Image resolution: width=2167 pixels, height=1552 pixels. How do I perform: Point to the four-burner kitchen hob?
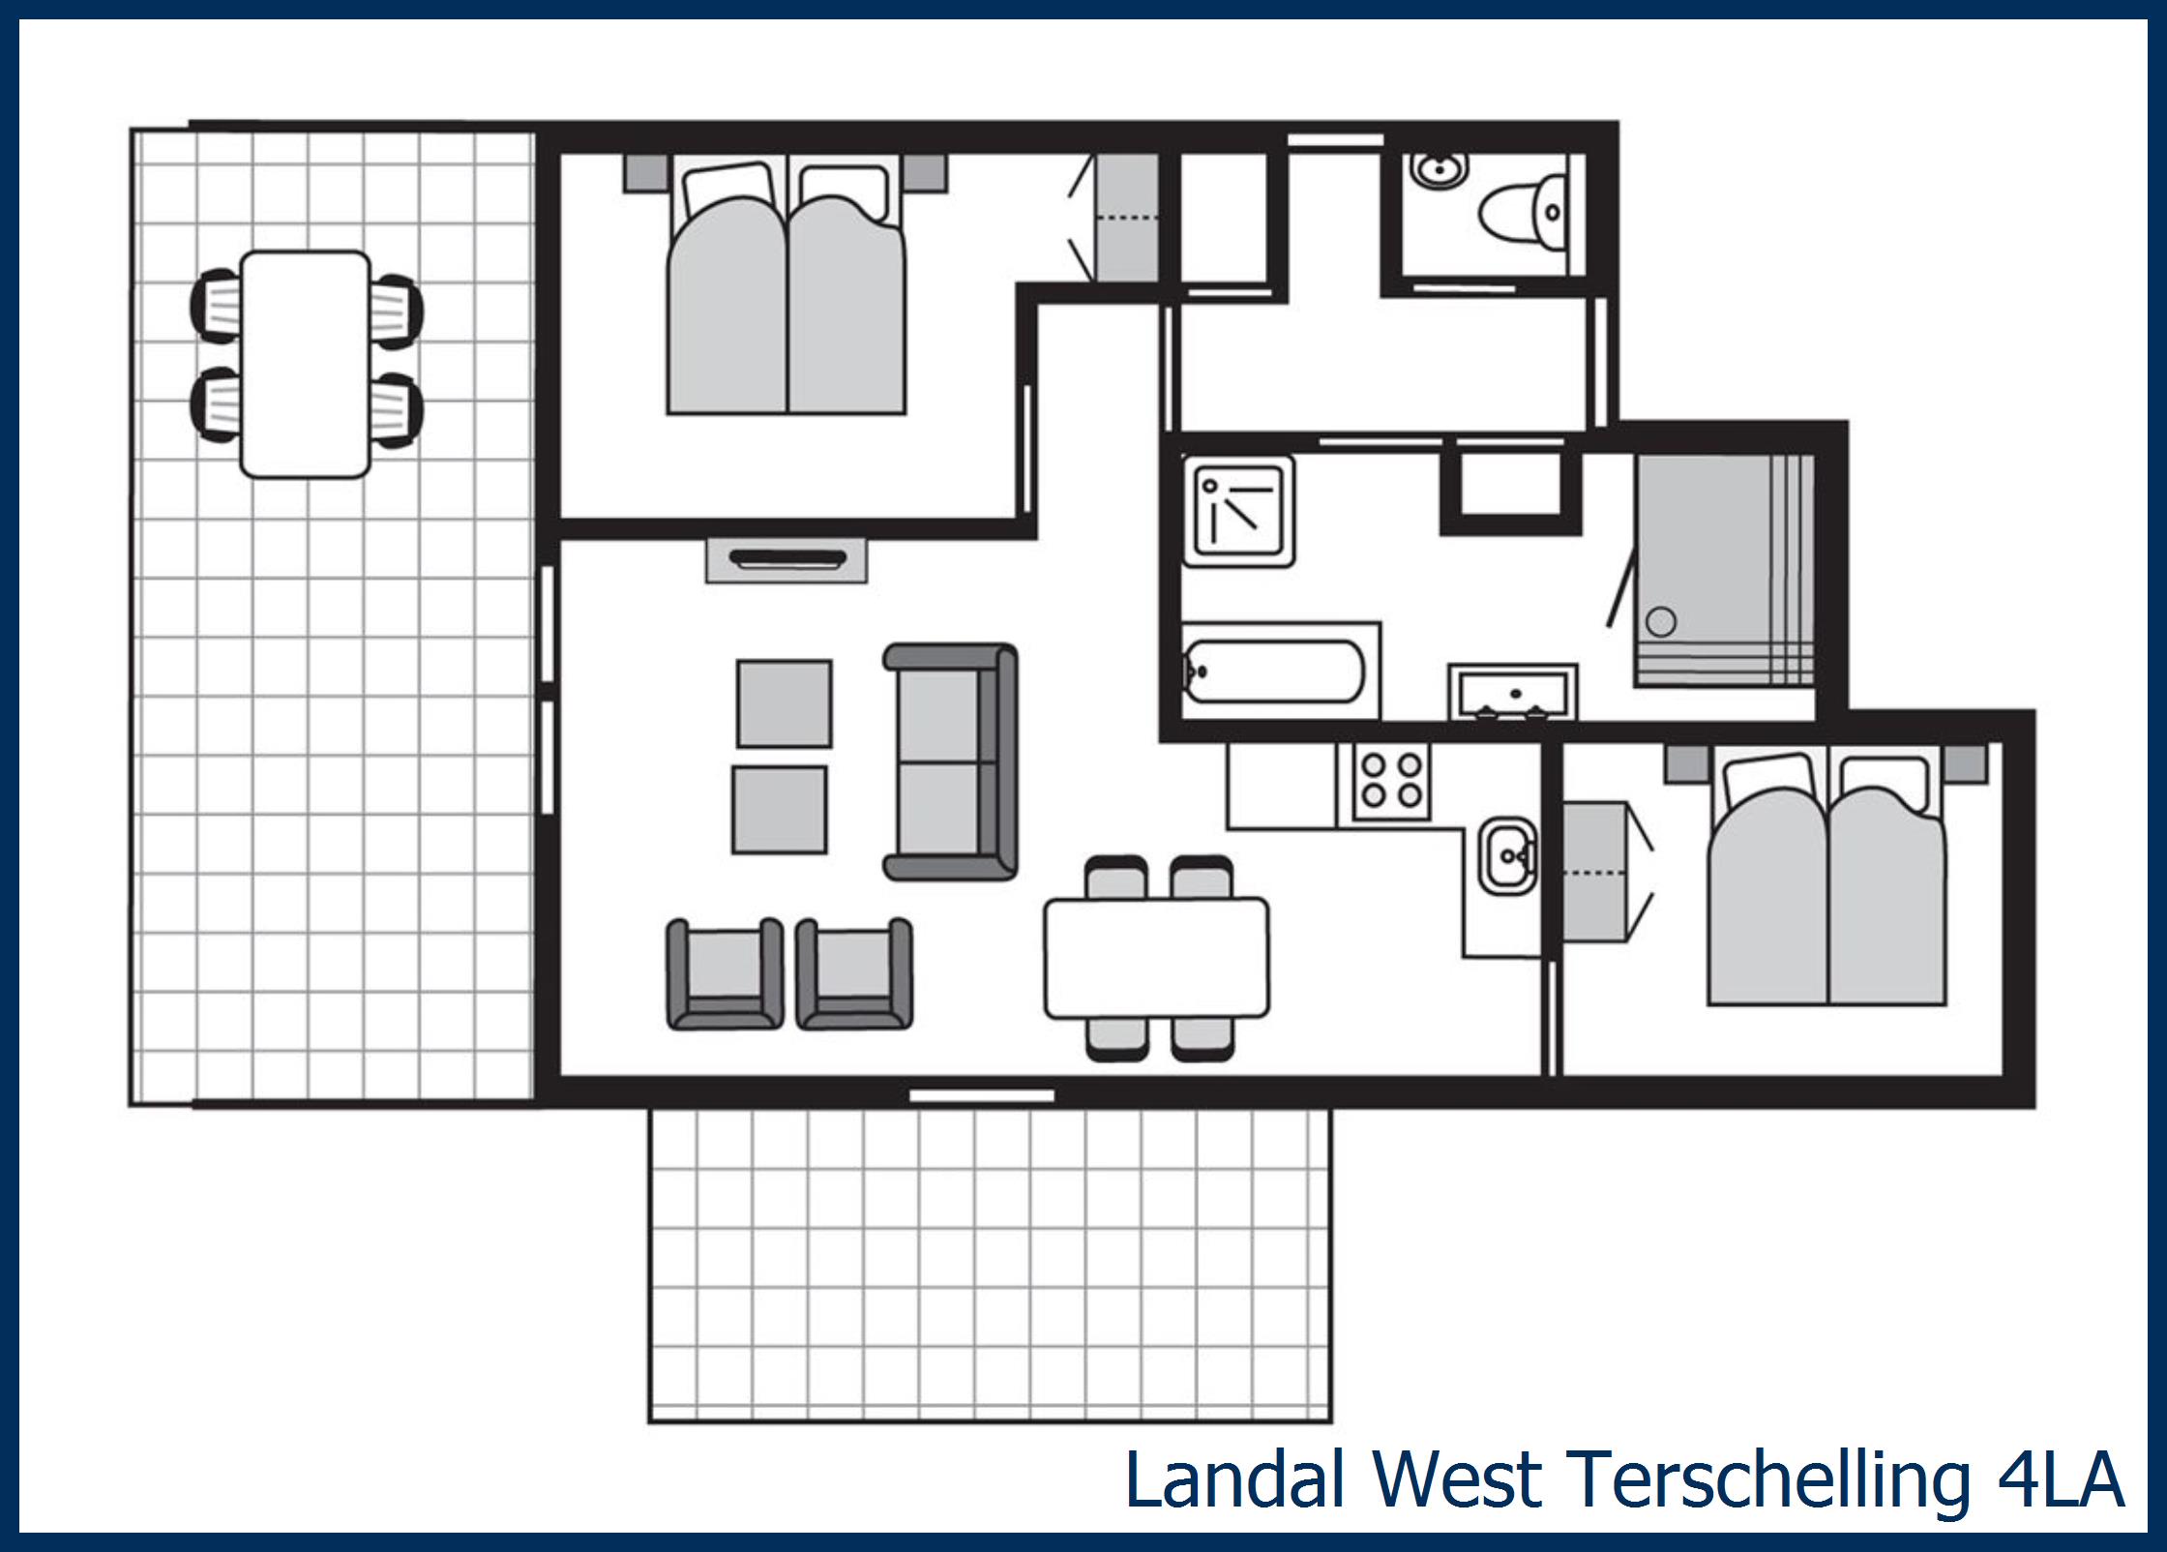pyautogui.click(x=1384, y=781)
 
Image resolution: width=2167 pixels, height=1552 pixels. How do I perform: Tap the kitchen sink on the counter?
pyautogui.click(x=1506, y=854)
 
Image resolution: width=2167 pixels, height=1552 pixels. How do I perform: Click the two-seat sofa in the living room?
pyautogui.click(x=950, y=761)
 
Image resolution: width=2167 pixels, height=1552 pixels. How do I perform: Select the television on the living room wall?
pyautogui.click(x=786, y=560)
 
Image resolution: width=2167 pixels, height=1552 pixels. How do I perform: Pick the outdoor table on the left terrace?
pyautogui.click(x=305, y=364)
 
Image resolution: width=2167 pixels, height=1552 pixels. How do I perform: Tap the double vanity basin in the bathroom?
pyautogui.click(x=1513, y=693)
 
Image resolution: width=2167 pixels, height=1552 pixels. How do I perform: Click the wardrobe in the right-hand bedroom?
pyautogui.click(x=1595, y=872)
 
